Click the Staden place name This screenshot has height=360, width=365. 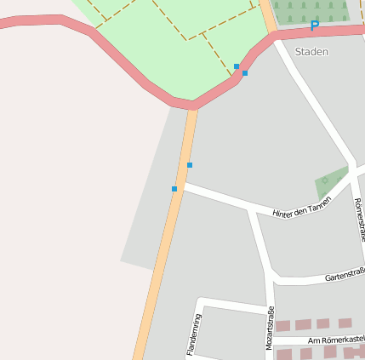(311, 52)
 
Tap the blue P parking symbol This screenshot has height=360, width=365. (314, 26)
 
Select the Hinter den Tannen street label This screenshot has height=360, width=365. (301, 208)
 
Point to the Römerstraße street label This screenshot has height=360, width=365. (358, 219)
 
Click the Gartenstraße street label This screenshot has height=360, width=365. (345, 275)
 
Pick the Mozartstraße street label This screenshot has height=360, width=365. (271, 328)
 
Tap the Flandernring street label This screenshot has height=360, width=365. (193, 334)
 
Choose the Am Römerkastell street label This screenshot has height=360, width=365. (336, 340)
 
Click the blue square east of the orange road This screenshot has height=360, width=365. (190, 165)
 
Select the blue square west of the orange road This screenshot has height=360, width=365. (174, 189)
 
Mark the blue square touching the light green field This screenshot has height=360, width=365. (237, 66)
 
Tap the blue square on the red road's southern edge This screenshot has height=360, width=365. (245, 73)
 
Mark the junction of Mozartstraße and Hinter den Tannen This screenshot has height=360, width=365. (251, 210)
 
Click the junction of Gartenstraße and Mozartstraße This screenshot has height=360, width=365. (273, 277)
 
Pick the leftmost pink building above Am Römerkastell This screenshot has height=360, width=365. (282, 326)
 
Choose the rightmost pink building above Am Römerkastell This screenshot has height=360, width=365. (345, 323)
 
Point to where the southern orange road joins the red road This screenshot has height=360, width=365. (194, 106)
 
